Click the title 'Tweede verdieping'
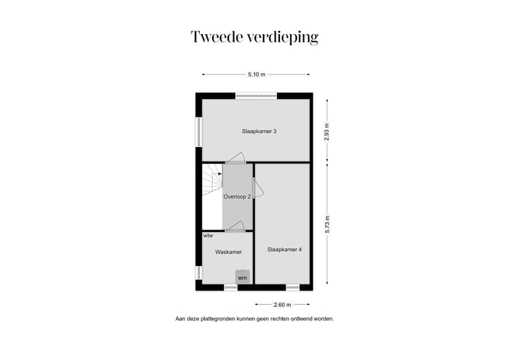point(254,37)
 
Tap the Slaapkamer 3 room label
point(254,131)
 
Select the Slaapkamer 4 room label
point(284,250)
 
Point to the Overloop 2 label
point(237,197)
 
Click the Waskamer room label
point(228,252)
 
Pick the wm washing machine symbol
point(242,277)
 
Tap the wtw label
point(208,236)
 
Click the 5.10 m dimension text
point(256,74)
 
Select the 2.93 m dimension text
point(327,133)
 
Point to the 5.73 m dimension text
point(327,224)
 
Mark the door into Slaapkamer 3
point(235,159)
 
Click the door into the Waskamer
point(235,226)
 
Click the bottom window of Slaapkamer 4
point(293,287)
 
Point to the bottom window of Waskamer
point(230,287)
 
